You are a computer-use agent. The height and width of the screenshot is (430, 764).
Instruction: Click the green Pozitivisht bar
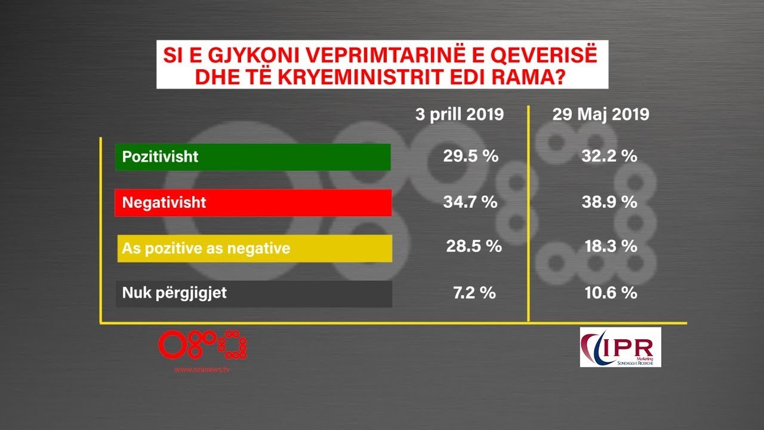(x=253, y=157)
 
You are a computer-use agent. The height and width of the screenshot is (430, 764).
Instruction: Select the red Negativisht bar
(x=253, y=202)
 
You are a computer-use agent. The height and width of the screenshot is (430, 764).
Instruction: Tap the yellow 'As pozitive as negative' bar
(x=253, y=248)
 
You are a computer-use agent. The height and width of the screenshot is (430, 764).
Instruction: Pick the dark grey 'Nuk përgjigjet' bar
(x=253, y=293)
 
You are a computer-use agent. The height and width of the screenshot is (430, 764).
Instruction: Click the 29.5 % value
(x=470, y=156)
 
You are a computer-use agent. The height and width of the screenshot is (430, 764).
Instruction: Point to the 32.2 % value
(x=609, y=156)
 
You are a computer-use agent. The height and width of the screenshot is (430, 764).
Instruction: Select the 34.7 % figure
(x=470, y=202)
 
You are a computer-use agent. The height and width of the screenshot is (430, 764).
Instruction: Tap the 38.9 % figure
(x=609, y=202)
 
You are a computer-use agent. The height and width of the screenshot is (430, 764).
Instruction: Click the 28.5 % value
(x=474, y=246)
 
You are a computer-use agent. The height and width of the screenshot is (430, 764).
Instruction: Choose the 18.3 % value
(x=609, y=246)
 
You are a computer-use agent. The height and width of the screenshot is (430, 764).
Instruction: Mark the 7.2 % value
(x=470, y=293)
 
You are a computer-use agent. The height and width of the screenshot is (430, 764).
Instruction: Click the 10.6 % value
(x=609, y=293)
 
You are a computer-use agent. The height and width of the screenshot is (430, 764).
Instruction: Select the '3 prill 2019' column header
(x=460, y=115)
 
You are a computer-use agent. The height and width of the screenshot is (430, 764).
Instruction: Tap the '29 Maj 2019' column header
(x=600, y=115)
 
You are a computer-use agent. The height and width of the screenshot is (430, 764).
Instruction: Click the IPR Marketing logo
(x=620, y=347)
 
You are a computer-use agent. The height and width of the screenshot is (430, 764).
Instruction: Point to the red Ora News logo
(x=202, y=346)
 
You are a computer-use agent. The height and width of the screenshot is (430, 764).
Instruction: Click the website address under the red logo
(x=202, y=370)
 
